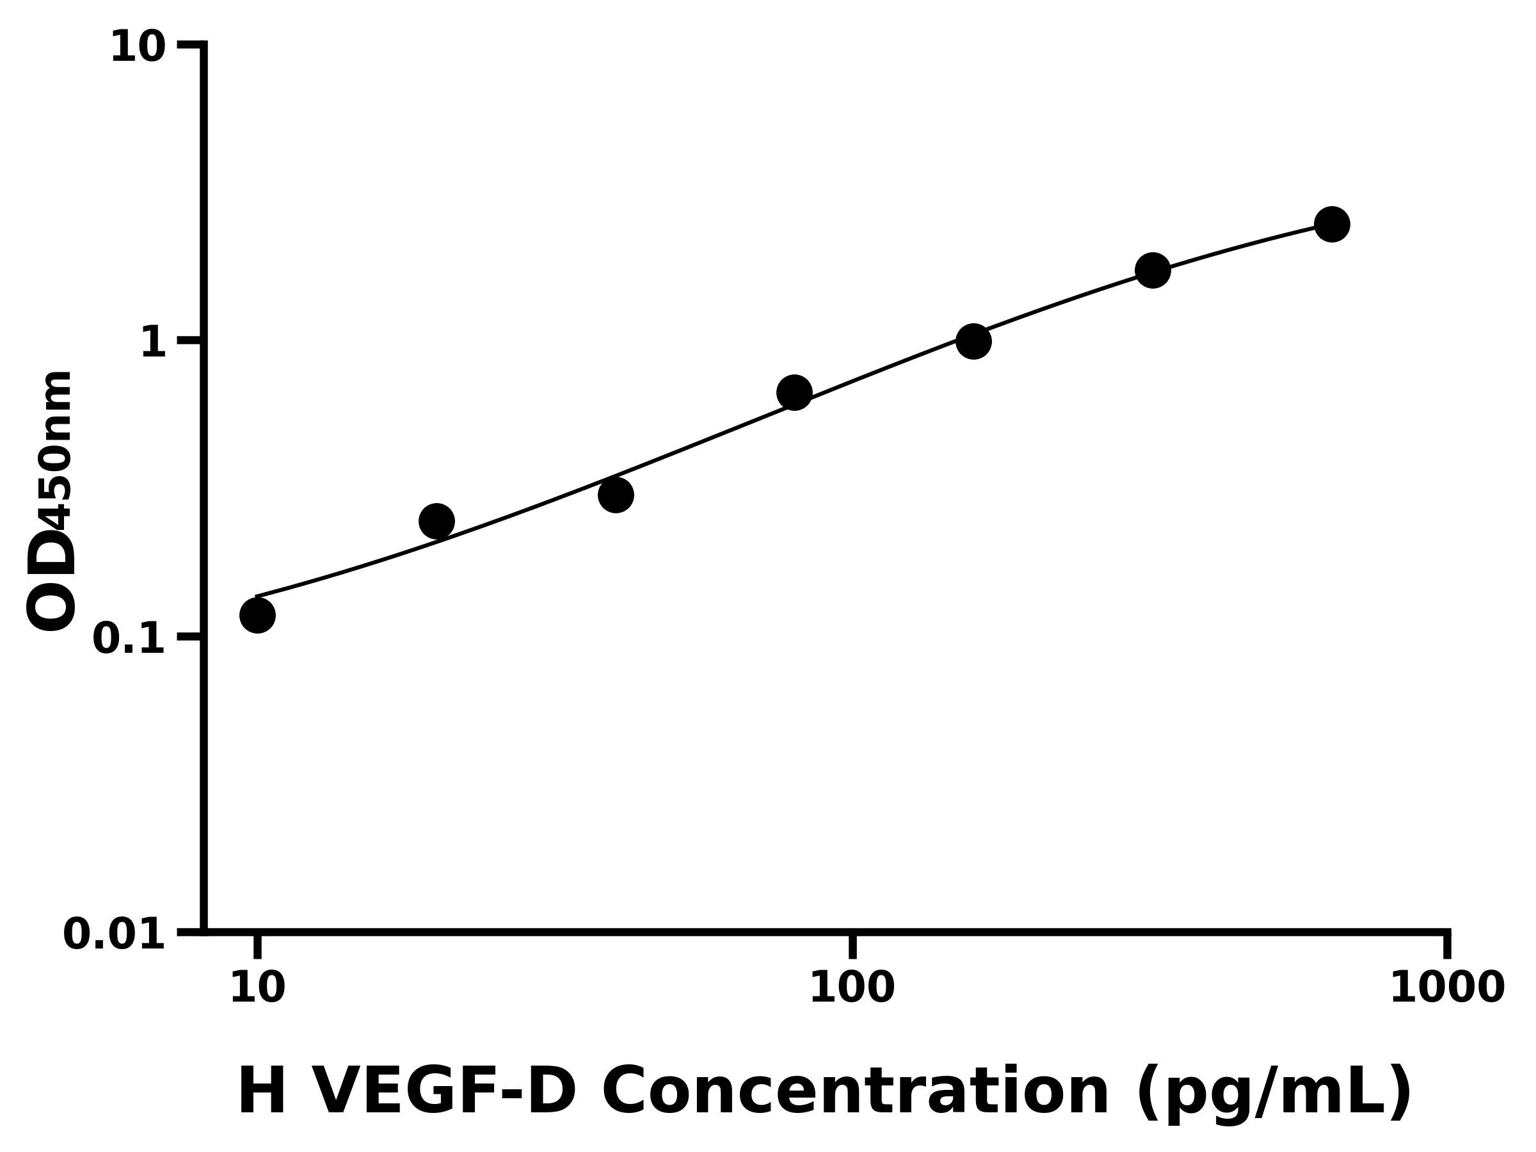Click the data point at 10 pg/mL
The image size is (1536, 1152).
(x=258, y=615)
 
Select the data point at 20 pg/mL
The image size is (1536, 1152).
(x=436, y=522)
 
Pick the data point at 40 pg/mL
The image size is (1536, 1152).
(x=616, y=495)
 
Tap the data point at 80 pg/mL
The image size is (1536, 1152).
(x=794, y=393)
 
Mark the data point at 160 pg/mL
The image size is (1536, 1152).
(x=973, y=341)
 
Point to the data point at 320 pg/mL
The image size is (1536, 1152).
(x=1153, y=270)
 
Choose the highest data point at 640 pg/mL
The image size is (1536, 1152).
(x=1332, y=224)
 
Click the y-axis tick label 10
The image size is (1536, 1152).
(x=138, y=49)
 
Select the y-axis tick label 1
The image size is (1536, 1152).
(x=154, y=343)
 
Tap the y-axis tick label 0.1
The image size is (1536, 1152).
(x=129, y=639)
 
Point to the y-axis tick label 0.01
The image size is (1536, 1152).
(x=115, y=934)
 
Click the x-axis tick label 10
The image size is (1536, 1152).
(x=258, y=988)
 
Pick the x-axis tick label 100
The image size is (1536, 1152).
(x=852, y=988)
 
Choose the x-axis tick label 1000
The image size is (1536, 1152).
(x=1447, y=988)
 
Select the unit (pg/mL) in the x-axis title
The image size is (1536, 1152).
(x=1274, y=1094)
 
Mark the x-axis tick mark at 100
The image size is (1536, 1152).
(x=852, y=945)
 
